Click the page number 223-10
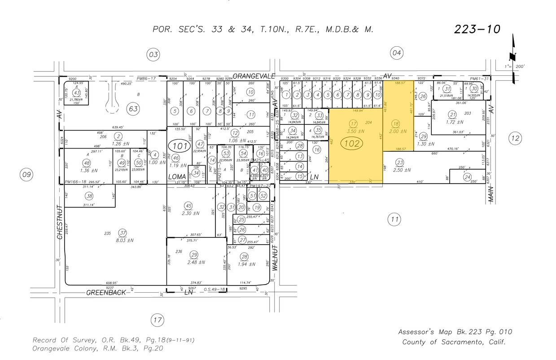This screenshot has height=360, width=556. [477, 29]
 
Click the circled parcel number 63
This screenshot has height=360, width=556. [133, 108]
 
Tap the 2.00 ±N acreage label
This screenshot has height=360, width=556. [396, 132]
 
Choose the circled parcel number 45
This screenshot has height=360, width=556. [188, 206]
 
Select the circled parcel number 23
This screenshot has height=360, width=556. [400, 162]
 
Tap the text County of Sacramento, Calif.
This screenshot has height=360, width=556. [454, 342]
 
